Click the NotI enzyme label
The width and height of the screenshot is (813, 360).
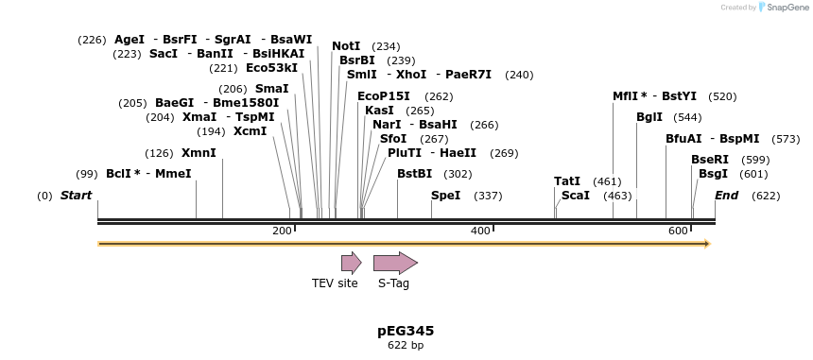(x=347, y=46)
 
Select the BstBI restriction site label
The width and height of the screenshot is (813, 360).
(x=414, y=174)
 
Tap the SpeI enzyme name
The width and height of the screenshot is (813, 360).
(x=445, y=196)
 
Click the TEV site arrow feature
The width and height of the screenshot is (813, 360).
(x=351, y=263)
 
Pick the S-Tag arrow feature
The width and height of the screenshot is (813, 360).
(x=395, y=263)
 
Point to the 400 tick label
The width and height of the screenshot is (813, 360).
(x=480, y=231)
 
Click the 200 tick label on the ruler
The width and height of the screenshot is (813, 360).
(x=282, y=231)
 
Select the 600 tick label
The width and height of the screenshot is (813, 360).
(x=677, y=231)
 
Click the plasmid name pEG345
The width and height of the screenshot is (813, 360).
(x=406, y=331)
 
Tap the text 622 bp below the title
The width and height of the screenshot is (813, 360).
(x=406, y=346)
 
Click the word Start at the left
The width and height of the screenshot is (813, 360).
(x=76, y=196)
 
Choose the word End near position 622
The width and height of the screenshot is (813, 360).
(x=726, y=196)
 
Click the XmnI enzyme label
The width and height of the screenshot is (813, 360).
(x=199, y=153)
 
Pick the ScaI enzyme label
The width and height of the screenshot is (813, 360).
(x=575, y=196)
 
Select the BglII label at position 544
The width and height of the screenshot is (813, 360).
(x=649, y=117)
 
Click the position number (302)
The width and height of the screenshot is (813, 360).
(x=458, y=174)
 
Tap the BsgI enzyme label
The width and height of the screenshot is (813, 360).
(x=713, y=174)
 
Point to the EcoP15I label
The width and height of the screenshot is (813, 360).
(x=384, y=96)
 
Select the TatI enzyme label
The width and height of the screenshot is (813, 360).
(x=567, y=181)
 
